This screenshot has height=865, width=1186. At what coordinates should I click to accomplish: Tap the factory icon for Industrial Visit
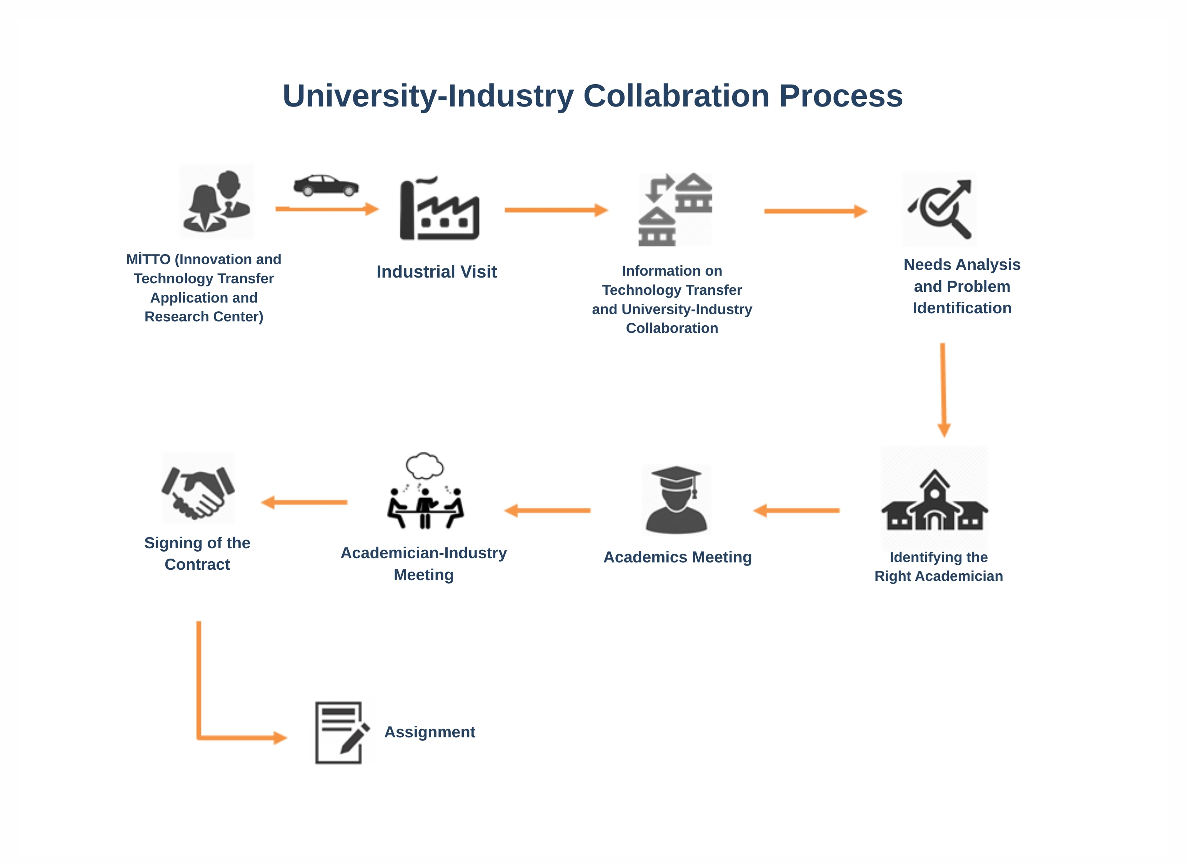pyautogui.click(x=439, y=210)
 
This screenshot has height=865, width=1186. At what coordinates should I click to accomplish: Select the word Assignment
pyautogui.click(x=430, y=732)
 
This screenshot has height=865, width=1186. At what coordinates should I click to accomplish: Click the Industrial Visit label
pyautogui.click(x=436, y=272)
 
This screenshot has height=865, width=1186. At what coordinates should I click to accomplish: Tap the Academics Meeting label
pyautogui.click(x=677, y=557)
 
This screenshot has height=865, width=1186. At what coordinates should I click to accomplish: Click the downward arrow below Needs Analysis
pyautogui.click(x=943, y=390)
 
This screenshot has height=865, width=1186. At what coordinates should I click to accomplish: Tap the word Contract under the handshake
pyautogui.click(x=197, y=564)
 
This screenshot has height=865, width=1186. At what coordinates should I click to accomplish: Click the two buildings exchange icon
pyautogui.click(x=675, y=210)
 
